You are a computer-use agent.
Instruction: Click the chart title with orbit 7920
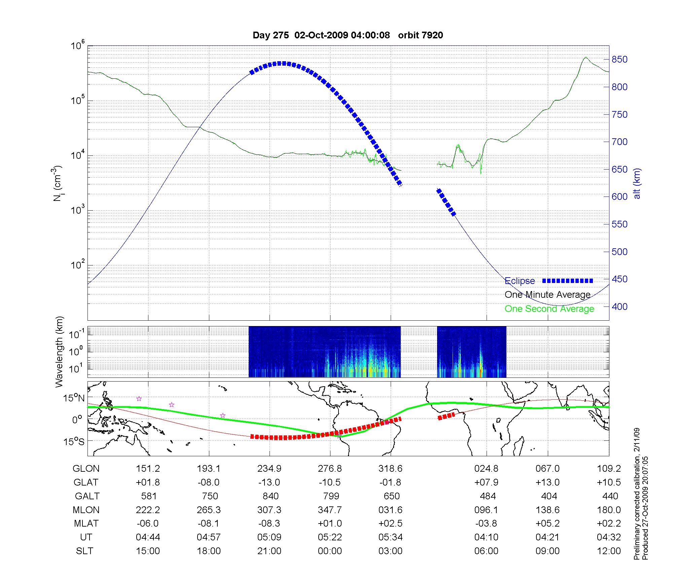tap(348, 35)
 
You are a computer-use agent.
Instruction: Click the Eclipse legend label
tap(520, 281)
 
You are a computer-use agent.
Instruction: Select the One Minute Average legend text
tap(547, 295)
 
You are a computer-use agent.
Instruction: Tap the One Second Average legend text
tap(549, 309)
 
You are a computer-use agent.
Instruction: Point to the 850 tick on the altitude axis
tap(619, 60)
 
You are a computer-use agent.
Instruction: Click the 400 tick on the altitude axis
tap(619, 307)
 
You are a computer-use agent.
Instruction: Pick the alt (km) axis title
tap(637, 183)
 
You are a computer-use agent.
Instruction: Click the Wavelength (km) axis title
tap(59, 352)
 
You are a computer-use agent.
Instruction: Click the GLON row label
tap(86, 469)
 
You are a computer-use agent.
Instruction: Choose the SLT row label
tap(84, 551)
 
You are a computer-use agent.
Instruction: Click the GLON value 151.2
tap(148, 469)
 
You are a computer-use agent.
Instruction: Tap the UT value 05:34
tap(390, 537)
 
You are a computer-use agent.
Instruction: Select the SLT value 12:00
tap(609, 551)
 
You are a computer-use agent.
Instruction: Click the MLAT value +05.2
tap(547, 524)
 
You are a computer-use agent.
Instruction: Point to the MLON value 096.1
tap(486, 510)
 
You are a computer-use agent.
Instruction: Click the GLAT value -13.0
tap(269, 482)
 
